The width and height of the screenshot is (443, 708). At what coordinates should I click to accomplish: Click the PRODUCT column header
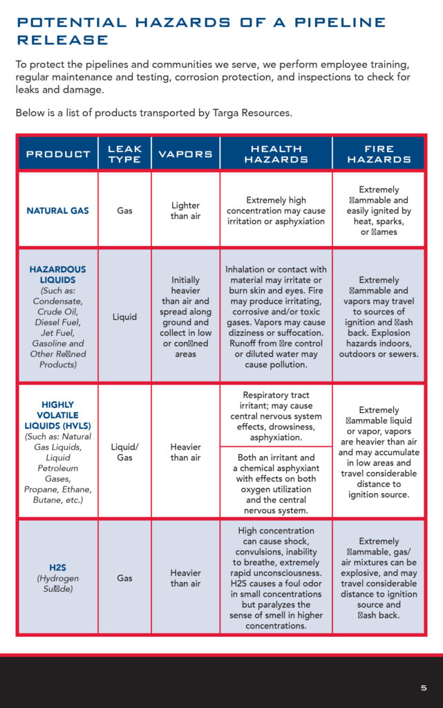[x=58, y=153]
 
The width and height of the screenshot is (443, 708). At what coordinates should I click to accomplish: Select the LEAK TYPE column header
[x=124, y=153]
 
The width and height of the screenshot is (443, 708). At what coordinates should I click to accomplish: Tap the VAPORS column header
[x=185, y=153]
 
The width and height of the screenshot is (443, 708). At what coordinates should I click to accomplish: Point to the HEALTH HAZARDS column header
[x=276, y=153]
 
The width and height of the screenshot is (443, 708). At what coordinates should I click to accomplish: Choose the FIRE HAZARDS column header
[x=379, y=153]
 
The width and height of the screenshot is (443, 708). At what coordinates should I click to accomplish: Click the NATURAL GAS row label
[x=58, y=210]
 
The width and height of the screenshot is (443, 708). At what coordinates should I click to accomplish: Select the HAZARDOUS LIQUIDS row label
[x=58, y=274]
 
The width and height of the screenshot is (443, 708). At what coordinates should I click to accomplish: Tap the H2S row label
[x=58, y=568]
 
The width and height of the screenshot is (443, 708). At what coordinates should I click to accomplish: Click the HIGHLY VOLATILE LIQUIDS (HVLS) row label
[x=58, y=415]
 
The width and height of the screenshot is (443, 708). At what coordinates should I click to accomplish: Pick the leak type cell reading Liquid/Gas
[x=124, y=452]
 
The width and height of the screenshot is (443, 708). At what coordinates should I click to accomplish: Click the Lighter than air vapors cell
[x=185, y=210]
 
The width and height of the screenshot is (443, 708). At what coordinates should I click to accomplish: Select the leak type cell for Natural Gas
[x=124, y=210]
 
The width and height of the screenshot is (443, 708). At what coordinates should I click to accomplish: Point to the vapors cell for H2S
[x=185, y=578]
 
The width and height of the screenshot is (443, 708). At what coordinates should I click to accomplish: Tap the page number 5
[x=424, y=688]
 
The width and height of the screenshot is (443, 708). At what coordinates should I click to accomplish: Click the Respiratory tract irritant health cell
[x=276, y=416]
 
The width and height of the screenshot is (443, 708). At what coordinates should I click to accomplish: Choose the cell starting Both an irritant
[x=276, y=483]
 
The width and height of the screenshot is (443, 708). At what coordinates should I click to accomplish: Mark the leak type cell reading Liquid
[x=124, y=317]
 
